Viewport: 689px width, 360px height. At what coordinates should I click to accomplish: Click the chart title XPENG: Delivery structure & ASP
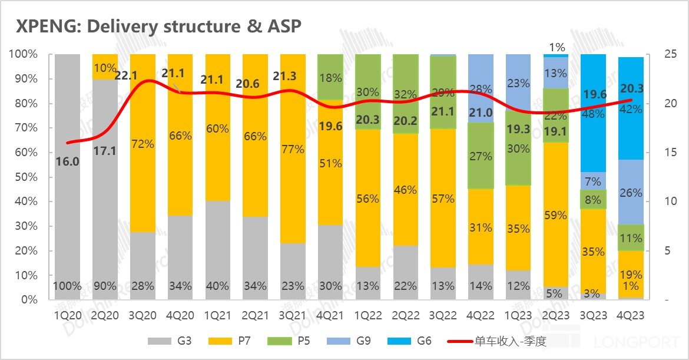pyautogui.click(x=159, y=27)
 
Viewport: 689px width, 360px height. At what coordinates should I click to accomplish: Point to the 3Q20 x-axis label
pyautogui.click(x=143, y=316)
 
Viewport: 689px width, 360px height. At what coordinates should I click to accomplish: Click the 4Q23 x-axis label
pyautogui.click(x=630, y=316)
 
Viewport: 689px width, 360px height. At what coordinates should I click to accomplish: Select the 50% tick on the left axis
pyautogui.click(x=26, y=177)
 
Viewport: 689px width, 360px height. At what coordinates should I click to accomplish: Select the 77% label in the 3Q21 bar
pyautogui.click(x=293, y=150)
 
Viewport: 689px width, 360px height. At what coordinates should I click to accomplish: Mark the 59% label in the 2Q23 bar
pyautogui.click(x=555, y=216)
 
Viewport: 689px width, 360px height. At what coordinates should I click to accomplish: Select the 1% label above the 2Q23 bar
pyautogui.click(x=556, y=47)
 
